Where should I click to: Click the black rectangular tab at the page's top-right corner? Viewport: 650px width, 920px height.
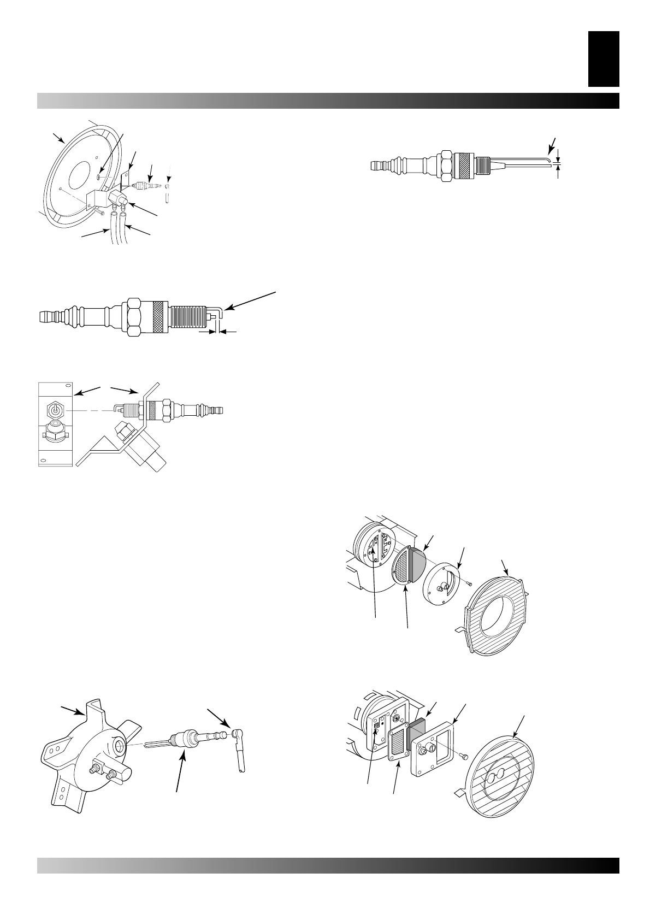pyautogui.click(x=603, y=58)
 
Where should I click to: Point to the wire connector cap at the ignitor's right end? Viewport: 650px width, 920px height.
pyautogui.click(x=237, y=734)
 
